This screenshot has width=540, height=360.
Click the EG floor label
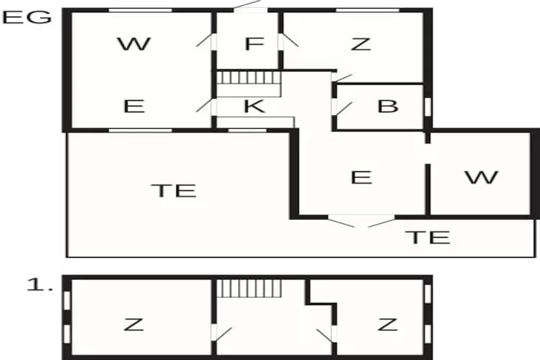coord(27,17)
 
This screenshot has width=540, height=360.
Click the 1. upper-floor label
coord(40,285)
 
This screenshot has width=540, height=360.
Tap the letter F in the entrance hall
coord(254,44)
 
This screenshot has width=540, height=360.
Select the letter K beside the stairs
coord(254,106)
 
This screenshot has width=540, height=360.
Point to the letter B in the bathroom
coord(388,106)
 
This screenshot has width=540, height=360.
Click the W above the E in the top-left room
coord(134,44)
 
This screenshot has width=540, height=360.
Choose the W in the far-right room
coord(482,177)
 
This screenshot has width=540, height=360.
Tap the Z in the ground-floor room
coord(361,44)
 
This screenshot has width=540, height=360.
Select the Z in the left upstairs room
coord(134,325)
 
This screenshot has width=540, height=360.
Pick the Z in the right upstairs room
coord(387,325)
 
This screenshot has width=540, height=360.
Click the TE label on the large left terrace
coord(174,191)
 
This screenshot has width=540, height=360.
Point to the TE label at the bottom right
coord(428,237)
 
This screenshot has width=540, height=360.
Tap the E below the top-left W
coord(134,106)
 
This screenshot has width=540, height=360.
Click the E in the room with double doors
coord(361,177)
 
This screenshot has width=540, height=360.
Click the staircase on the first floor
coord(249,288)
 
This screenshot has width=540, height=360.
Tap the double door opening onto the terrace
coord(361,221)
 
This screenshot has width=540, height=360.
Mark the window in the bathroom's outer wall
coord(428,107)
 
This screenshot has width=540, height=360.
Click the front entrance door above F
coord(251,6)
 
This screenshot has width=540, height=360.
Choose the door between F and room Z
coord(289,40)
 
